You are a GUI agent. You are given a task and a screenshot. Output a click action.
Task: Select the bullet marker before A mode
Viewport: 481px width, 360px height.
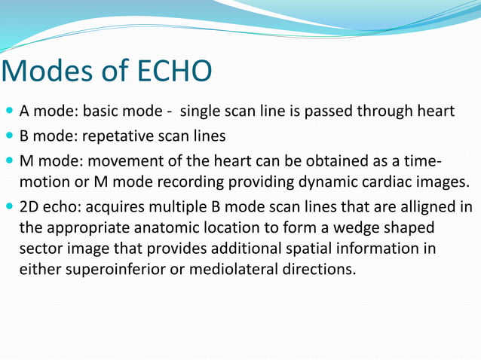9,112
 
